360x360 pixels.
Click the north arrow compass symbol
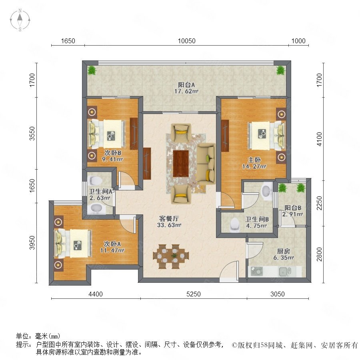click(20, 20)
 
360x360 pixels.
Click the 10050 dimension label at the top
click(187, 41)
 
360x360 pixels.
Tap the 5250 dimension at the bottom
click(194, 294)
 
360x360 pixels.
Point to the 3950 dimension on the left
click(32, 243)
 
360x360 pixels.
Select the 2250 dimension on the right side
click(319, 203)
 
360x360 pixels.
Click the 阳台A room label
click(186, 85)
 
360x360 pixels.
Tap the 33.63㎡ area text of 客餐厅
click(169, 225)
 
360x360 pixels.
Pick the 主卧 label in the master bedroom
click(254, 160)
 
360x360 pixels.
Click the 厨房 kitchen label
click(284, 251)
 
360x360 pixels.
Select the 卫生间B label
click(257, 219)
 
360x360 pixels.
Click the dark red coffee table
click(181, 164)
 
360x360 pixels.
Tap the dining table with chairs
click(171, 256)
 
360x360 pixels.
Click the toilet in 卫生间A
click(96, 181)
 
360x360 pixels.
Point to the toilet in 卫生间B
click(235, 224)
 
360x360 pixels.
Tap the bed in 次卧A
click(73, 244)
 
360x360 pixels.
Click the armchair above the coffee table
click(181, 132)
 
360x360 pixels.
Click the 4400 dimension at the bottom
click(96, 294)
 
